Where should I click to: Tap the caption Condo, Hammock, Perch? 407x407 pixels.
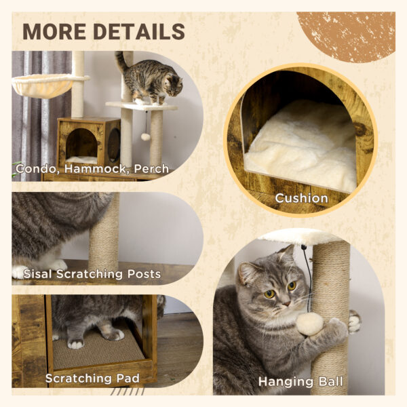coord(92,169)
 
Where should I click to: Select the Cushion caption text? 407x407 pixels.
coord(301,198)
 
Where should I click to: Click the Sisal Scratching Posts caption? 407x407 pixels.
coord(92,274)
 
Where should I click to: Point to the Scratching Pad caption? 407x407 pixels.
coord(94,378)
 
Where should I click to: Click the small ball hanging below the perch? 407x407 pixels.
coord(145,137)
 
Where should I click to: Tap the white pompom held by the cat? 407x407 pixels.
coord(309,324)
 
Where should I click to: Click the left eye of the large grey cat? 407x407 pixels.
coord(269,294)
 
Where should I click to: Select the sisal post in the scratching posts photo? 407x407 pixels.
coord(104,234)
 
